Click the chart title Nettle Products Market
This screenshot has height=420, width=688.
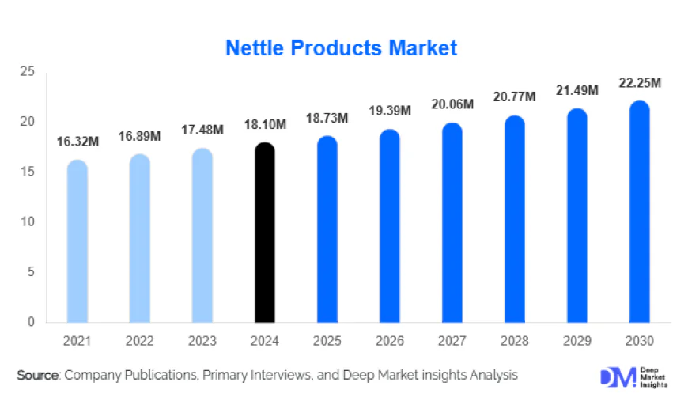coord(341,48)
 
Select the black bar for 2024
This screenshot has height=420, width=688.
coord(264,233)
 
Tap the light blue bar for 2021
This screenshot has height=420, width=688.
coord(77,241)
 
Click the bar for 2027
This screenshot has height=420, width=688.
coord(452,222)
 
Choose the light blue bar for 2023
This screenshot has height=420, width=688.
coord(202,235)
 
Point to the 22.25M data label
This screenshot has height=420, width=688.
coord(640,83)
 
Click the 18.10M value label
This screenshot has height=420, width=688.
coord(264,125)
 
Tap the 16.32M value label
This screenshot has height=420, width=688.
coord(77,142)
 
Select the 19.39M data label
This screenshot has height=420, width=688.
coord(390,112)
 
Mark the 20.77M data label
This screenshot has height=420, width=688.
coord(515,97)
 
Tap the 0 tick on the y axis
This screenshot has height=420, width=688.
coord(31,322)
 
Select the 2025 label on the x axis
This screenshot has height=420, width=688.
coord(327,341)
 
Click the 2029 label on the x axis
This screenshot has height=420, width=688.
coord(577,341)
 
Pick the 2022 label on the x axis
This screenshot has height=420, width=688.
coord(140,341)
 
